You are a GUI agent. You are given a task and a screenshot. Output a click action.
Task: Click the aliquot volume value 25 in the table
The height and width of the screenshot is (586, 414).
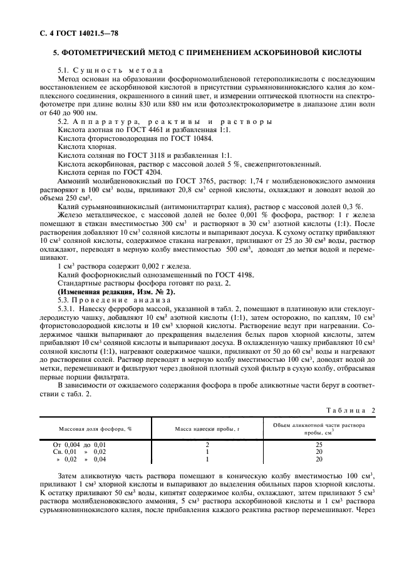click(x=319, y=444)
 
